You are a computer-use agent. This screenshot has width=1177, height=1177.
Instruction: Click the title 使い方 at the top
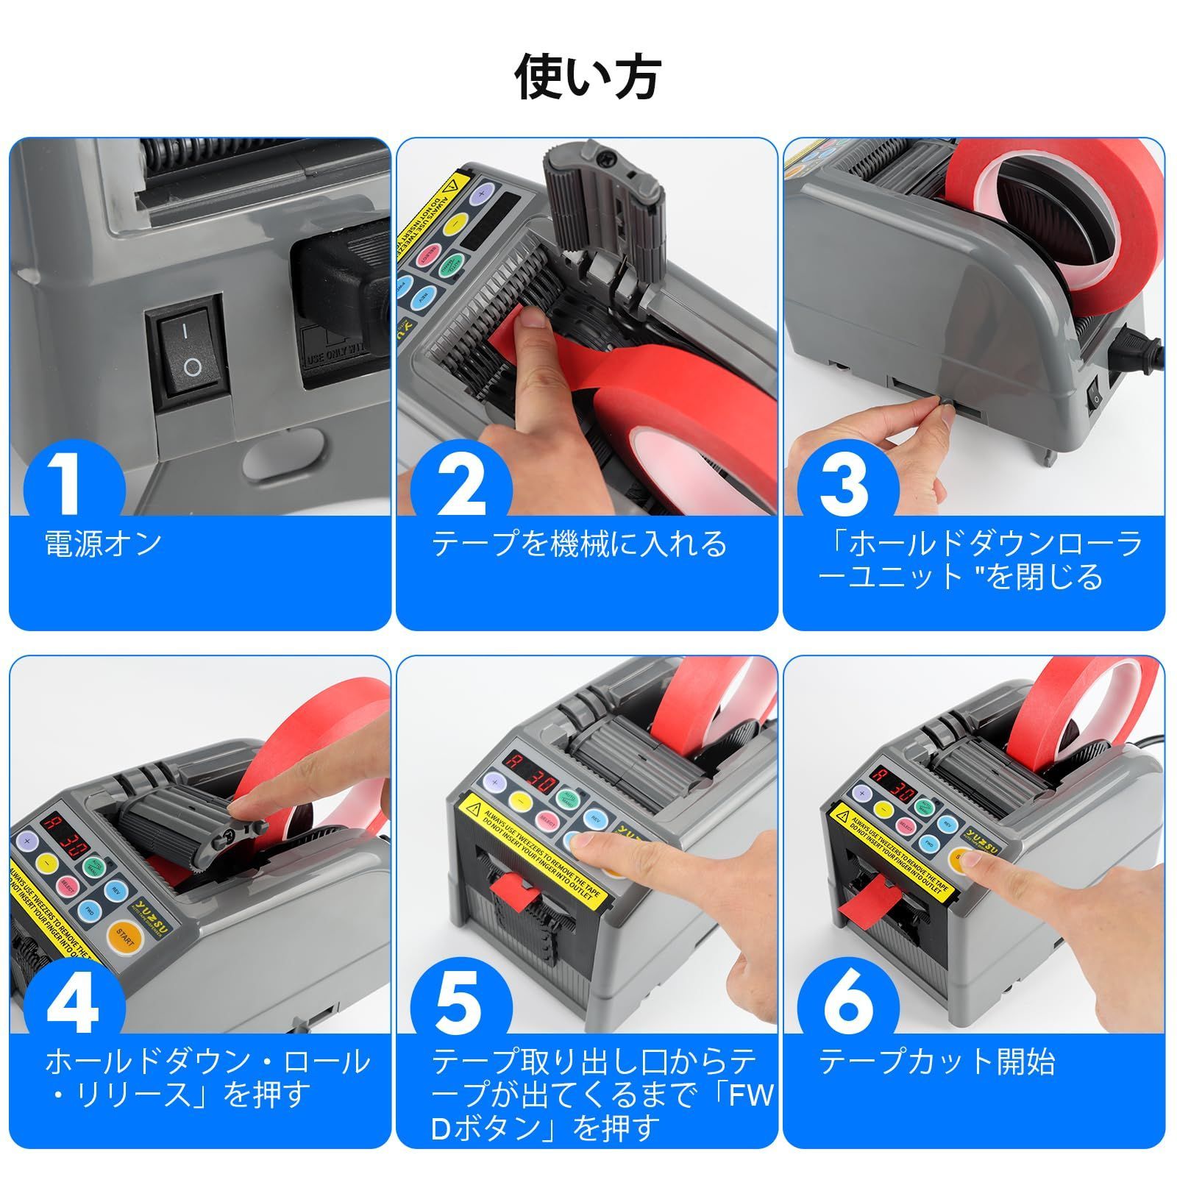tap(588, 77)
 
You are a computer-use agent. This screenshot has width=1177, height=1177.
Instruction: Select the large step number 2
tap(461, 483)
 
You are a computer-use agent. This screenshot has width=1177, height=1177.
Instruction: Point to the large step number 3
tap(847, 483)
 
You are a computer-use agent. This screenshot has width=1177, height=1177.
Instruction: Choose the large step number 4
tap(73, 1004)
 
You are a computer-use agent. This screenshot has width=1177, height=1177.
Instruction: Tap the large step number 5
tap(460, 1004)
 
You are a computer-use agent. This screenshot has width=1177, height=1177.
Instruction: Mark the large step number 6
tap(847, 1004)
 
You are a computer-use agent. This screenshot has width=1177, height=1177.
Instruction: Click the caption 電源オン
tap(104, 544)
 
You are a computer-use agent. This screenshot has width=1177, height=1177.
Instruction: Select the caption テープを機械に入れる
tap(579, 544)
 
